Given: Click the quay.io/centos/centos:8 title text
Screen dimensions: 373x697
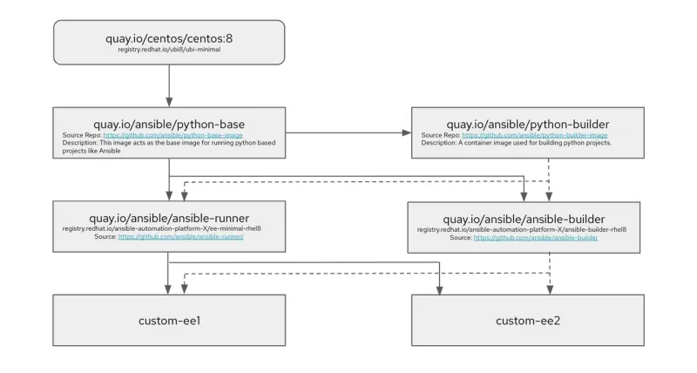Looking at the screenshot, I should tap(168, 38).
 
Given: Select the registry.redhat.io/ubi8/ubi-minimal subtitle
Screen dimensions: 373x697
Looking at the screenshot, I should tap(168, 51).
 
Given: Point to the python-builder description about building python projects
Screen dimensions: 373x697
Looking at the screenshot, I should tap(517, 142).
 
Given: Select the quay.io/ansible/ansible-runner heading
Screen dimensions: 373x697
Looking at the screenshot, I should tap(168, 217).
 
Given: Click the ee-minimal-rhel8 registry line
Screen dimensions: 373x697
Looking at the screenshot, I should tap(168, 228).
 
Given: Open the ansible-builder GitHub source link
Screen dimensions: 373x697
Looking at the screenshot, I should tap(536, 236).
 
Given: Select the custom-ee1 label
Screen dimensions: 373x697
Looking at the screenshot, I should tap(168, 321).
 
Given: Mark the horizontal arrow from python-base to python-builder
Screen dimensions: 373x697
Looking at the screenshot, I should tap(348, 132).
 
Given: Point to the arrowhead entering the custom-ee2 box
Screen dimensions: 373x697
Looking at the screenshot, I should tap(441, 290).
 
